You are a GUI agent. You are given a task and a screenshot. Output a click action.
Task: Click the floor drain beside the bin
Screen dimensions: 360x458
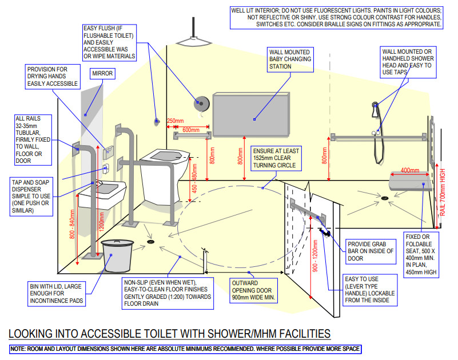coord(151,242)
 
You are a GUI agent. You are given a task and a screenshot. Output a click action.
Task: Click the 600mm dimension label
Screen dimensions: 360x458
coord(190,130)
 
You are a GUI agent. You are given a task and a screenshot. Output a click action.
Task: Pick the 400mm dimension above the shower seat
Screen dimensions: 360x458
coord(409,170)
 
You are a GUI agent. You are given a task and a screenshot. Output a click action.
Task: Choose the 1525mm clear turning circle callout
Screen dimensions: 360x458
coord(276,158)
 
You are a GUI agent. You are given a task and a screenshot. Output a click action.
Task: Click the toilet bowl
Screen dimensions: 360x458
coord(165,166)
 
